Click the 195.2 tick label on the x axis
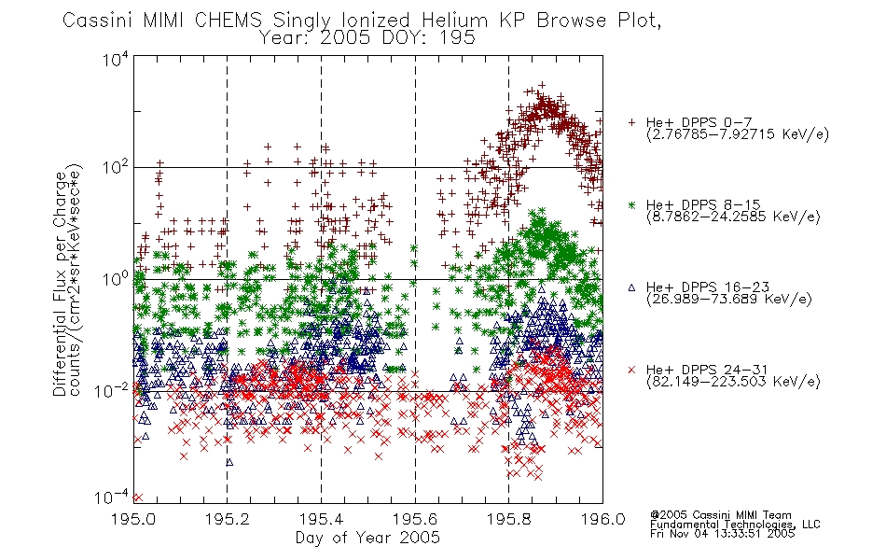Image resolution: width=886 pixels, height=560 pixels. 228,519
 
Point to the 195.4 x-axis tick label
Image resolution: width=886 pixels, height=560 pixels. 321,519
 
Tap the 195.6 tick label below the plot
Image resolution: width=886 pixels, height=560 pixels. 415,519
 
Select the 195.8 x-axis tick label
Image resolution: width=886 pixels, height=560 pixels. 508,519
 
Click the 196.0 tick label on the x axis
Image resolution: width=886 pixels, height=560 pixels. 602,519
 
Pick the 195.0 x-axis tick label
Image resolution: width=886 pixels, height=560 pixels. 133,519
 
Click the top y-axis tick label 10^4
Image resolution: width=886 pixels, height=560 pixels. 116,59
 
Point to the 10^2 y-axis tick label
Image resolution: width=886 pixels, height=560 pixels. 116,167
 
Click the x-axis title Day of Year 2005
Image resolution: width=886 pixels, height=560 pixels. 367,538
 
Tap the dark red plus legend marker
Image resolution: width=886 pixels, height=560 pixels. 631,122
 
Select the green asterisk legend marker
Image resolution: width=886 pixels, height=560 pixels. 631,204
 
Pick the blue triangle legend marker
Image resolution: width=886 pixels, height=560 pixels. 631,287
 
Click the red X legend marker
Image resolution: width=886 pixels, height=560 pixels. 631,370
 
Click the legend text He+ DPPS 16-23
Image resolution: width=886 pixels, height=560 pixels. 708,287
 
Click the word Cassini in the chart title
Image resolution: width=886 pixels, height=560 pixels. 98,21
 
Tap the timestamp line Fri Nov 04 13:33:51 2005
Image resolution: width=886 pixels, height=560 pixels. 722,534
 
